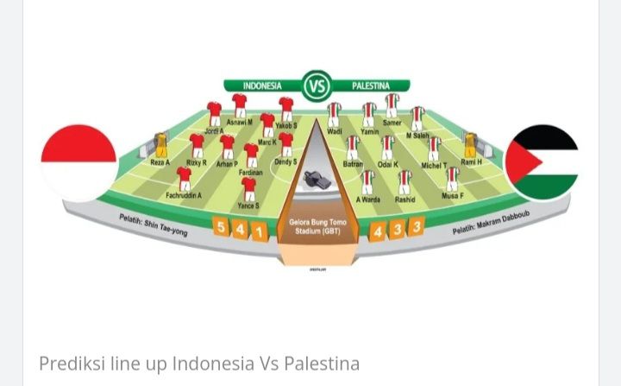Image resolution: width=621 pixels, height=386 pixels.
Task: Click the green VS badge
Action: click(317, 85)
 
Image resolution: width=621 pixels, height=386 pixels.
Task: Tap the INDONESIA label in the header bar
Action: click(262, 86)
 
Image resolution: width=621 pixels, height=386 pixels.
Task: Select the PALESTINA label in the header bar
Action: click(371, 86)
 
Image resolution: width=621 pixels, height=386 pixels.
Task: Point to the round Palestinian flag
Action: click(542, 162)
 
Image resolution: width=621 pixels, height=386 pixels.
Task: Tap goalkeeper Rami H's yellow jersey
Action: click(471, 144)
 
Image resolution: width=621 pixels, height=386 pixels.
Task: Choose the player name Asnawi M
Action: click(239, 123)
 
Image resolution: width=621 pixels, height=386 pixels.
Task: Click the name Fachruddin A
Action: click(184, 195)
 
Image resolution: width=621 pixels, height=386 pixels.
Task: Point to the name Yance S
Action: click(248, 206)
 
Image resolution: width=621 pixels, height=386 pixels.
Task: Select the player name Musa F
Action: click(452, 196)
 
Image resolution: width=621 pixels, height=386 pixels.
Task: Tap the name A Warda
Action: click(368, 199)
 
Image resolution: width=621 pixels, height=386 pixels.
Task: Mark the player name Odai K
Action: click(388, 164)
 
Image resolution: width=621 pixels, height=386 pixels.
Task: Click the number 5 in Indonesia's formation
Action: click(221, 228)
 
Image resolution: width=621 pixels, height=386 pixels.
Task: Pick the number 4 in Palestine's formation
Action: click(378, 231)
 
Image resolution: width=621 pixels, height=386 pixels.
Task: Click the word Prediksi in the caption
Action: click(65, 364)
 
